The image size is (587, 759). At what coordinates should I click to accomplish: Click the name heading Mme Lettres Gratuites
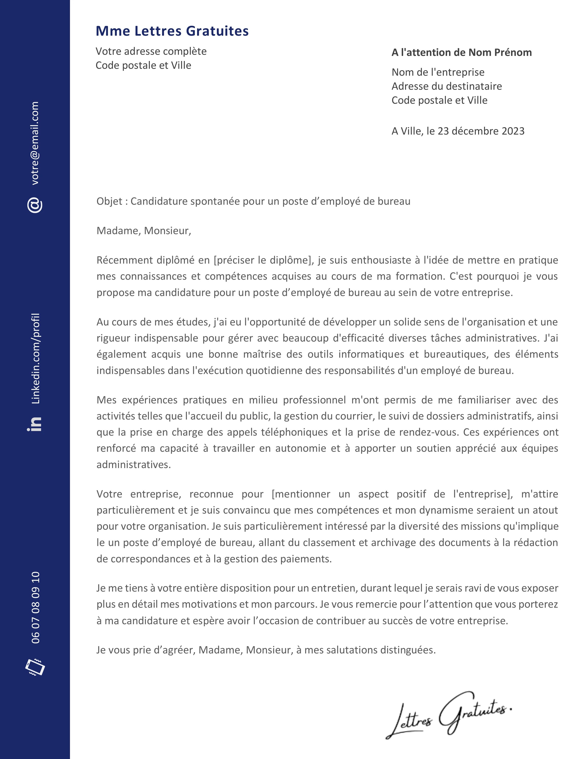tap(172, 31)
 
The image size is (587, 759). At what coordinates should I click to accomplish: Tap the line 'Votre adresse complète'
tap(151, 52)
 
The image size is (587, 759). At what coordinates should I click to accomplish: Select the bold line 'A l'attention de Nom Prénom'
tap(462, 52)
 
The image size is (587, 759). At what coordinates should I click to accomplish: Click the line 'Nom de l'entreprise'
tap(438, 72)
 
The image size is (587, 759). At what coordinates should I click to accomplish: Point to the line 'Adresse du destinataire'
tap(447, 86)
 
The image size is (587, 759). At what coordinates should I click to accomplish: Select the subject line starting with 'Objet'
tap(253, 201)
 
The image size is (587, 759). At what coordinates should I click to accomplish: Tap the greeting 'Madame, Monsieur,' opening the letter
tap(144, 231)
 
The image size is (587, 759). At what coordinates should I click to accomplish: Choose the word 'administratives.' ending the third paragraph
tap(134, 465)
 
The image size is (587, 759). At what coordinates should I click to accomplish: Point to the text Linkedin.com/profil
tap(35, 358)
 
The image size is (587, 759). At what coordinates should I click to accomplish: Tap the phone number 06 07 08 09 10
tap(35, 607)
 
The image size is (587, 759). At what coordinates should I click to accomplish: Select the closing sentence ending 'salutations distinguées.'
tap(266, 650)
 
